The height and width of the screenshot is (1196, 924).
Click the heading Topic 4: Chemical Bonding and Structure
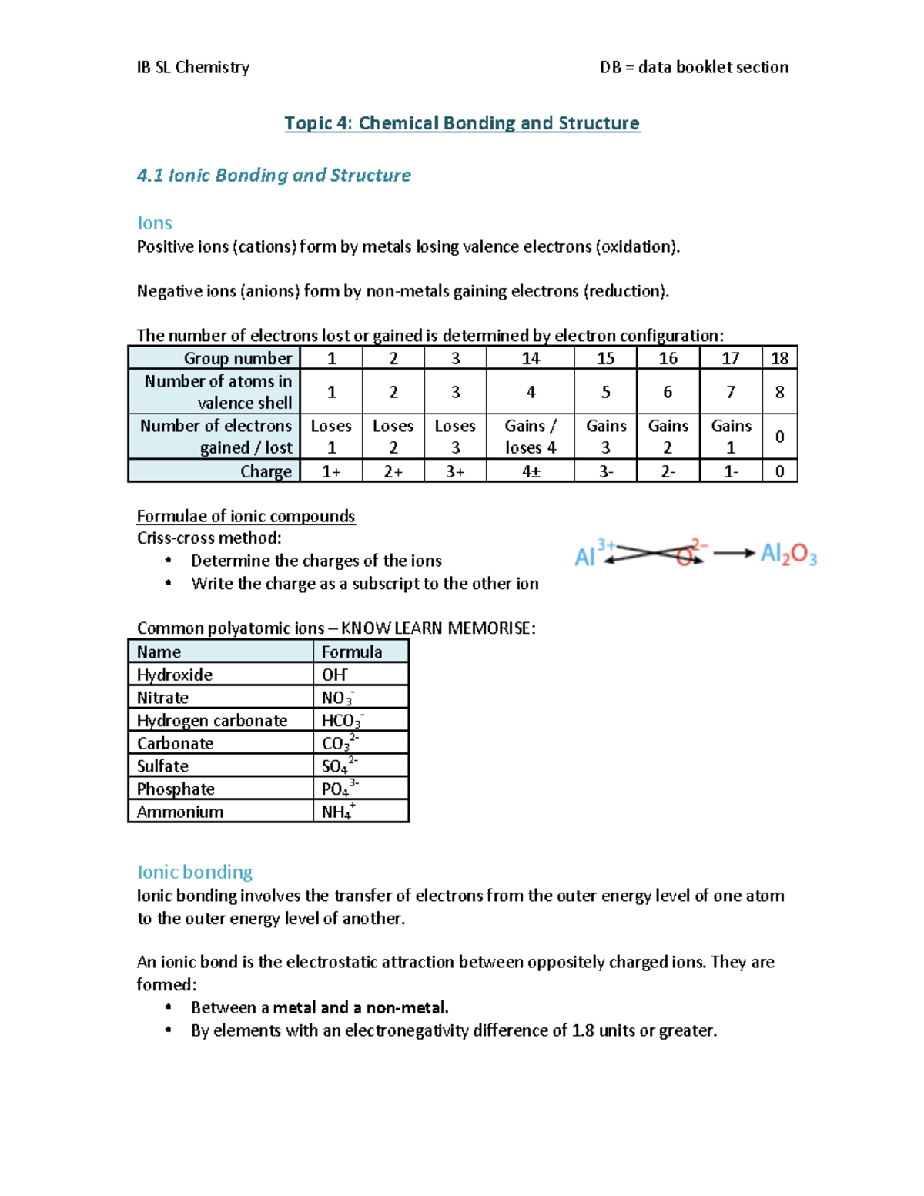(x=462, y=123)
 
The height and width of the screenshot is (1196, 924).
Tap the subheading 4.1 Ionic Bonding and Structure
(x=273, y=176)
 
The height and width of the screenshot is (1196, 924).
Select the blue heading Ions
(x=154, y=223)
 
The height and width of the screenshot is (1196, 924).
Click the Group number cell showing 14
(x=530, y=358)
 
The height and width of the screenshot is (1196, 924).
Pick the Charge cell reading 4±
(x=530, y=471)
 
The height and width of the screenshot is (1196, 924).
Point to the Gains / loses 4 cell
(x=530, y=437)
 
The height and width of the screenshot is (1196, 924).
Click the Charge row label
(x=266, y=471)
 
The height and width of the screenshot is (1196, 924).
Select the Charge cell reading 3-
(x=605, y=471)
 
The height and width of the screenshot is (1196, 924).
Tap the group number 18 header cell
(x=779, y=358)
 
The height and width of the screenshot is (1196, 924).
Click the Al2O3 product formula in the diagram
(x=788, y=554)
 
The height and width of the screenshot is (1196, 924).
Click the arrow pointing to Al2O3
(x=733, y=553)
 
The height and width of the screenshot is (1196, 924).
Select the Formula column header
(x=352, y=652)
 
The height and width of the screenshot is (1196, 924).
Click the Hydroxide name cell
(x=175, y=675)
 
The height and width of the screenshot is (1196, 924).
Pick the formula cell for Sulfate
(x=340, y=766)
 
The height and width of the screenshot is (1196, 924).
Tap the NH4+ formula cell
(x=338, y=811)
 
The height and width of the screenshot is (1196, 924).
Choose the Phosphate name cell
(x=176, y=789)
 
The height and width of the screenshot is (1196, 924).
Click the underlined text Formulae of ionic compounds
(x=246, y=516)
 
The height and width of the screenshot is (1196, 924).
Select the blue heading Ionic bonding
(x=195, y=872)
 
